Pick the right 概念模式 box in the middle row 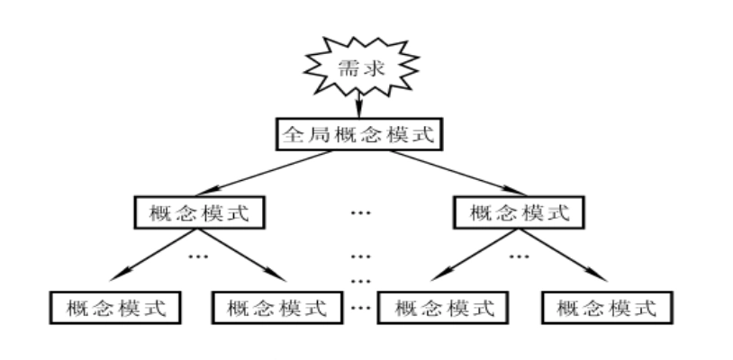[520, 212]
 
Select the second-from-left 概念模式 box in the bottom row [277, 308]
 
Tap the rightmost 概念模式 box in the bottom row [606, 308]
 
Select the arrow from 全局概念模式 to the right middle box [456, 173]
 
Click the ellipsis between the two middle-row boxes [360, 213]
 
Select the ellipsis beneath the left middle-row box [198, 256]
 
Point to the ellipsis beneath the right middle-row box [519, 256]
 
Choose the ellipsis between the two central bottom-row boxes [360, 308]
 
